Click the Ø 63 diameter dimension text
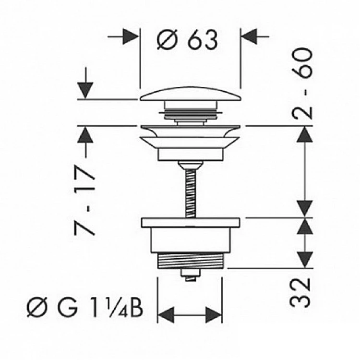187,39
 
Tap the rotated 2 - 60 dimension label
302,83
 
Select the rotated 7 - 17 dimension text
84,200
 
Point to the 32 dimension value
300,293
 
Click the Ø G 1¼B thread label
85,307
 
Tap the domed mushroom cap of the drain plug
191,94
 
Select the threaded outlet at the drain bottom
190,261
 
